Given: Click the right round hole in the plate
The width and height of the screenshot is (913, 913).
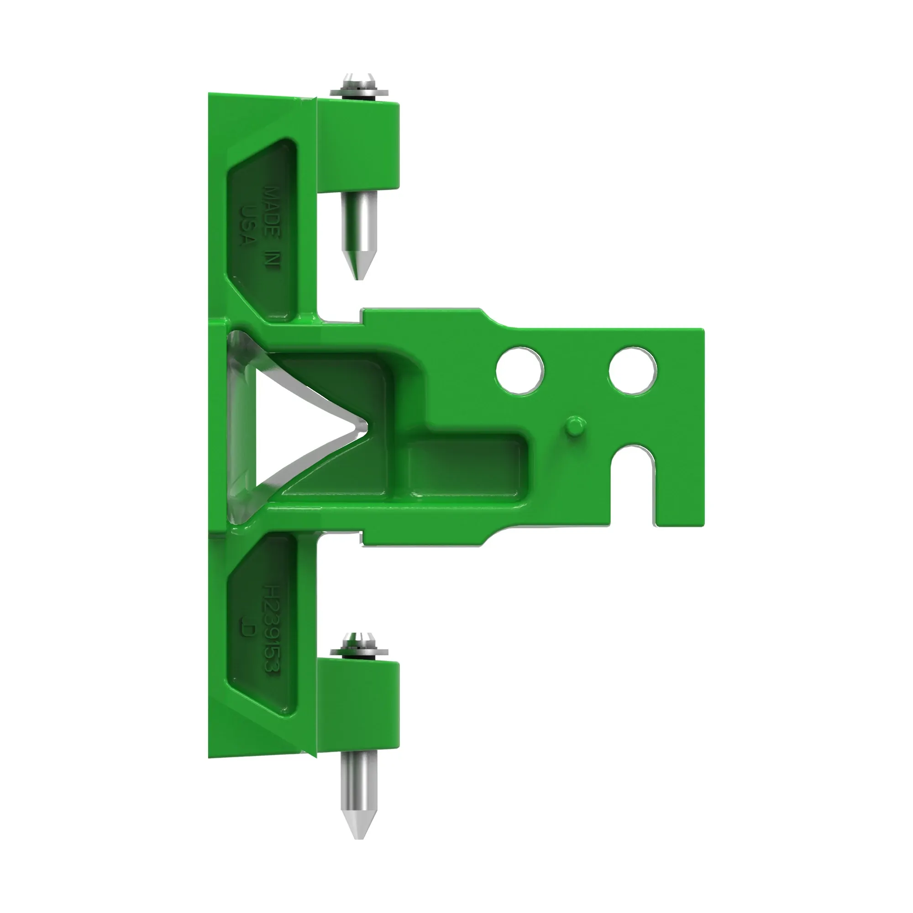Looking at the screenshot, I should (x=633, y=371).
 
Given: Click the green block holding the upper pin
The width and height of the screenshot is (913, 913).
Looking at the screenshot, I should (x=359, y=147).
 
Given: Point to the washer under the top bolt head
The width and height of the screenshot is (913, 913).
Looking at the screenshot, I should (x=360, y=91).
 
